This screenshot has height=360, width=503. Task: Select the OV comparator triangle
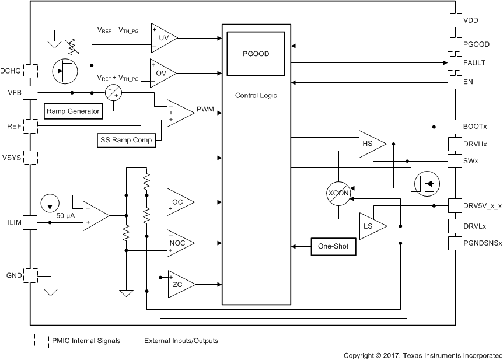162,72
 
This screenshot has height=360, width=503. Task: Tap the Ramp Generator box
73,110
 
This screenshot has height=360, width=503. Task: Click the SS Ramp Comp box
127,140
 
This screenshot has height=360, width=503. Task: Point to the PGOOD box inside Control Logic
256,54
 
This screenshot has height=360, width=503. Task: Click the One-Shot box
333,246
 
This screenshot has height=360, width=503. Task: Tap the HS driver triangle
371,144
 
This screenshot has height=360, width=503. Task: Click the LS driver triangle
371,226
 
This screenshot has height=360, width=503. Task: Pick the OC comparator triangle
179,202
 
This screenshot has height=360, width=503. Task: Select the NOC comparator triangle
179,242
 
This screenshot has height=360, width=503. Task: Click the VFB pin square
30,93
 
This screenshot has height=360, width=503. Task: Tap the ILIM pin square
30,222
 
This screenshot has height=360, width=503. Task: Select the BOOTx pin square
455,127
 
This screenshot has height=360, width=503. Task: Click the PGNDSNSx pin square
455,243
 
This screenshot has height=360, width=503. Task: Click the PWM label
205,109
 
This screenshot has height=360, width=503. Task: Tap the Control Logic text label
256,95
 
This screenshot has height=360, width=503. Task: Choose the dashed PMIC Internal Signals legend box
41,340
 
